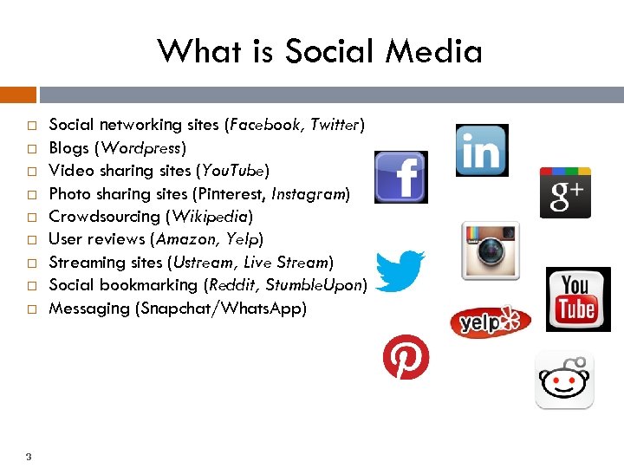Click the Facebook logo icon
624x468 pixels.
tap(400, 177)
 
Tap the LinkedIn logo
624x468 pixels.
tap(482, 150)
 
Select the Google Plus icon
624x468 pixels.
tap(565, 192)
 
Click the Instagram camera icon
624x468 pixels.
tap(491, 250)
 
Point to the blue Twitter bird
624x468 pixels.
tap(400, 270)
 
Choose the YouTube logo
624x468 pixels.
tap(578, 299)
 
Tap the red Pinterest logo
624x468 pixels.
tap(406, 357)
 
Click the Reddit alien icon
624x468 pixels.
tap(564, 380)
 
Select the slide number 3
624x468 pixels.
tap(29, 457)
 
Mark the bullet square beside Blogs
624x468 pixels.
tap(29, 148)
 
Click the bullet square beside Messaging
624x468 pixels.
tap(29, 309)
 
